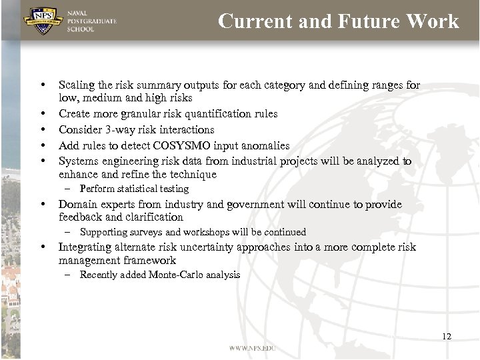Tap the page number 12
(447, 337)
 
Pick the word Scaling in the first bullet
(76, 85)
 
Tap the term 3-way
(118, 129)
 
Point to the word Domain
(76, 205)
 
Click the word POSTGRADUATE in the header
(92, 21)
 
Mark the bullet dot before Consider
(42, 129)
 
